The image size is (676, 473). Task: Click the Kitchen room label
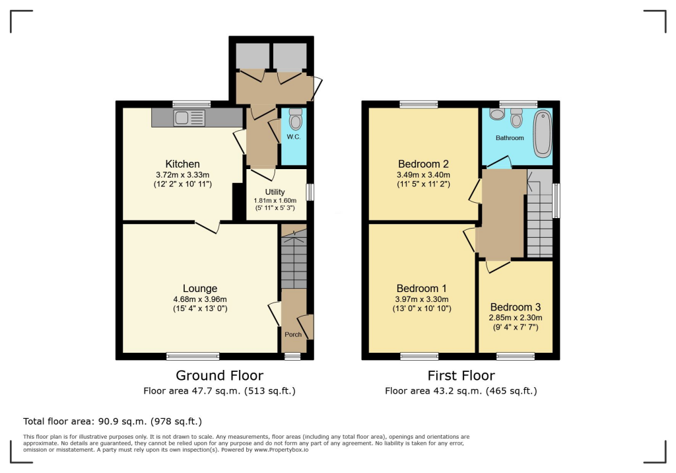[x=182, y=164]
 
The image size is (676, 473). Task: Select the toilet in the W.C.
[x=295, y=120]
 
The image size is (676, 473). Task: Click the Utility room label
[x=275, y=192]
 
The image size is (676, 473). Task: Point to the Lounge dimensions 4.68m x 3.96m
[x=199, y=299]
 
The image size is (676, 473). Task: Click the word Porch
[x=292, y=334]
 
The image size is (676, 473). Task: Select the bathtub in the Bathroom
[x=543, y=134]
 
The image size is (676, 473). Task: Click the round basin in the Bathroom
[x=497, y=114]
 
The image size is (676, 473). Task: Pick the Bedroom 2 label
[x=423, y=164]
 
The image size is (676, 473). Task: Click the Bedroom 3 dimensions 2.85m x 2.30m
[x=516, y=318]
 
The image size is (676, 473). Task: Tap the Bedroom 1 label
[x=422, y=288]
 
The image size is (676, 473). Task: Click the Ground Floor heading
[x=219, y=376]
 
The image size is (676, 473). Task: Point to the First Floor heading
[x=461, y=376]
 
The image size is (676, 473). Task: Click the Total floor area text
[x=112, y=421]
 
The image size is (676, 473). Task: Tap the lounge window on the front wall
[x=193, y=356]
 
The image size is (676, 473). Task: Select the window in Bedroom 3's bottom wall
[x=516, y=356]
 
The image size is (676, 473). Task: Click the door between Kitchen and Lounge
[x=207, y=226]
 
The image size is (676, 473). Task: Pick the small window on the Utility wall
[x=310, y=192]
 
